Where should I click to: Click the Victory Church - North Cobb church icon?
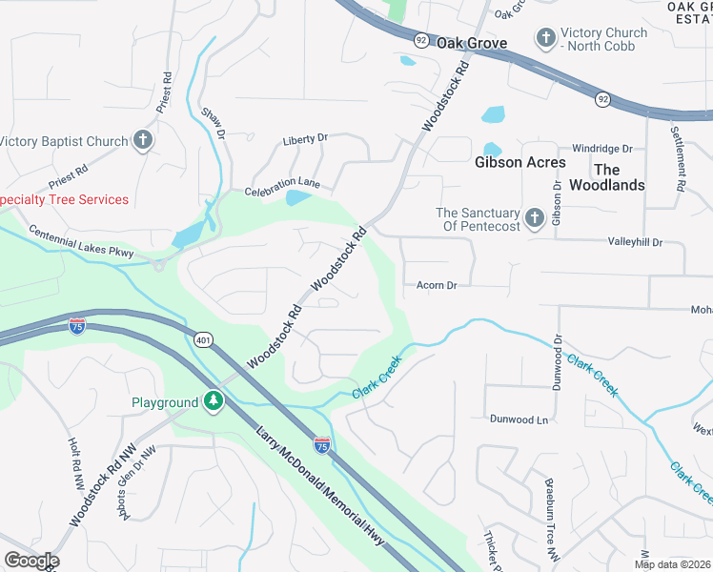point(546,39)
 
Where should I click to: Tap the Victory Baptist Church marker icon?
point(142,142)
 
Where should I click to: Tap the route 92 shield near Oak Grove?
point(420,40)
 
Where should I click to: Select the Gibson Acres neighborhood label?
point(519,162)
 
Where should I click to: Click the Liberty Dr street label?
point(305,139)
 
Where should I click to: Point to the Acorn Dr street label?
point(437,285)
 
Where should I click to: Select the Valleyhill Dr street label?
point(635,243)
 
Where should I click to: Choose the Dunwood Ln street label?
point(519,419)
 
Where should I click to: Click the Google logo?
point(31,561)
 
